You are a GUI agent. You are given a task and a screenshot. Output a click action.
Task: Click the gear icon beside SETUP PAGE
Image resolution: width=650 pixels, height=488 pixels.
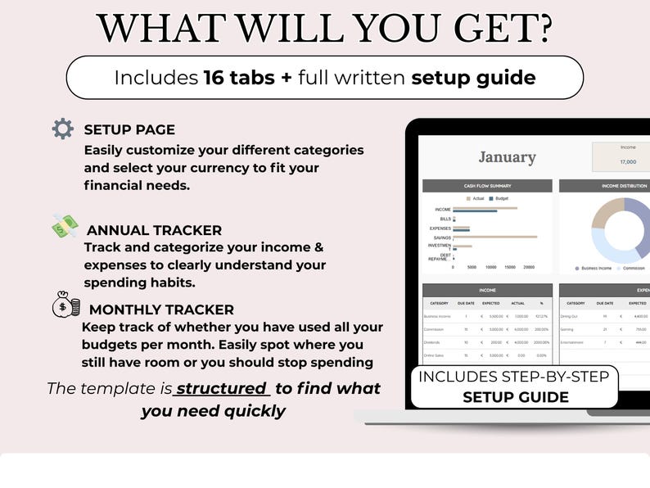tap(62, 129)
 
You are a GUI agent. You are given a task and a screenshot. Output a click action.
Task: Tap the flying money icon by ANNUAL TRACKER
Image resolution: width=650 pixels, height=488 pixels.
tap(65, 227)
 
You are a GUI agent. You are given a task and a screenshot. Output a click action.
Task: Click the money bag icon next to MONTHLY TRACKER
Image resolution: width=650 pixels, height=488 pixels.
tap(65, 305)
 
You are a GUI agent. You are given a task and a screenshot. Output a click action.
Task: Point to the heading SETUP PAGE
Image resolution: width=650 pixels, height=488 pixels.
tap(129, 129)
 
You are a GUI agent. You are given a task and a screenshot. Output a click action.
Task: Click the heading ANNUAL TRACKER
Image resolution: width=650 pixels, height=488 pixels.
tap(154, 230)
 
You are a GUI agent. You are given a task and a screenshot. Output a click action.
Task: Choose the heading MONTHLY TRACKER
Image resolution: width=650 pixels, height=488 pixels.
tap(161, 310)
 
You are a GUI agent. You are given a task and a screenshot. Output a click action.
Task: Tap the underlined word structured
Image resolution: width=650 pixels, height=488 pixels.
tap(222, 388)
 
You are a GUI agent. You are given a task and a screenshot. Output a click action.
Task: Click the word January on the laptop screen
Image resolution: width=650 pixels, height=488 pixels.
tap(507, 157)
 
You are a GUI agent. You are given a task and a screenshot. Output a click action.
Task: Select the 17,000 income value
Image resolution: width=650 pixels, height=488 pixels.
tap(628, 161)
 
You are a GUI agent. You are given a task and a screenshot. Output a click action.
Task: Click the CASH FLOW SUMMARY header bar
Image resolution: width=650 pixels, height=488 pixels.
tap(487, 186)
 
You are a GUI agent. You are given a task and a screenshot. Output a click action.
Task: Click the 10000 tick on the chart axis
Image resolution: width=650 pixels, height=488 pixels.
tap(491, 267)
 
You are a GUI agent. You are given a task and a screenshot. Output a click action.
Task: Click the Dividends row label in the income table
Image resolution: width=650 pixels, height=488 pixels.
tap(434, 342)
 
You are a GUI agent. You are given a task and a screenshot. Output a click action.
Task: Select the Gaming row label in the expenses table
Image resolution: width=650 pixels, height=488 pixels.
tap(568, 329)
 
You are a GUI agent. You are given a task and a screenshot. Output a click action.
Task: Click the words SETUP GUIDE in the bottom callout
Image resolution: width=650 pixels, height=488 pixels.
tap(515, 397)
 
